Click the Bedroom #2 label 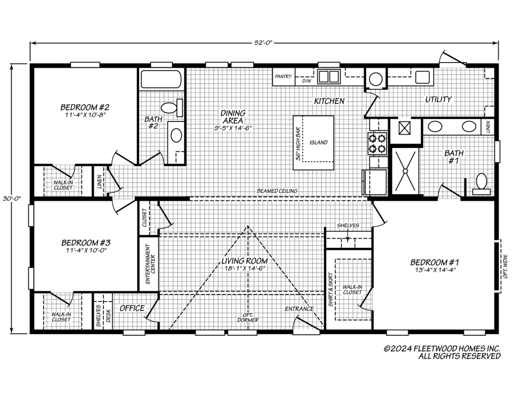(85, 107)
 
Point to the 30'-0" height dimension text (12, 198)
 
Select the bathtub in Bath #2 (161, 79)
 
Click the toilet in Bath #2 (172, 108)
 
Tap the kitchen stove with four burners (377, 143)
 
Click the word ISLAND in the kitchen (319, 142)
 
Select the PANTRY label (283, 77)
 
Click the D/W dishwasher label (306, 81)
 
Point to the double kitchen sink (329, 77)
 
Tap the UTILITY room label (438, 99)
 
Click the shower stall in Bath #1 (405, 171)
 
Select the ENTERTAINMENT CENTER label (150, 264)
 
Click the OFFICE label (132, 308)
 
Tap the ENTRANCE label (299, 309)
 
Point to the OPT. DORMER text (248, 317)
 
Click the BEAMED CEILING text (277, 191)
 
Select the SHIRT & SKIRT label (331, 290)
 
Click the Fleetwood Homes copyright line (441, 348)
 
